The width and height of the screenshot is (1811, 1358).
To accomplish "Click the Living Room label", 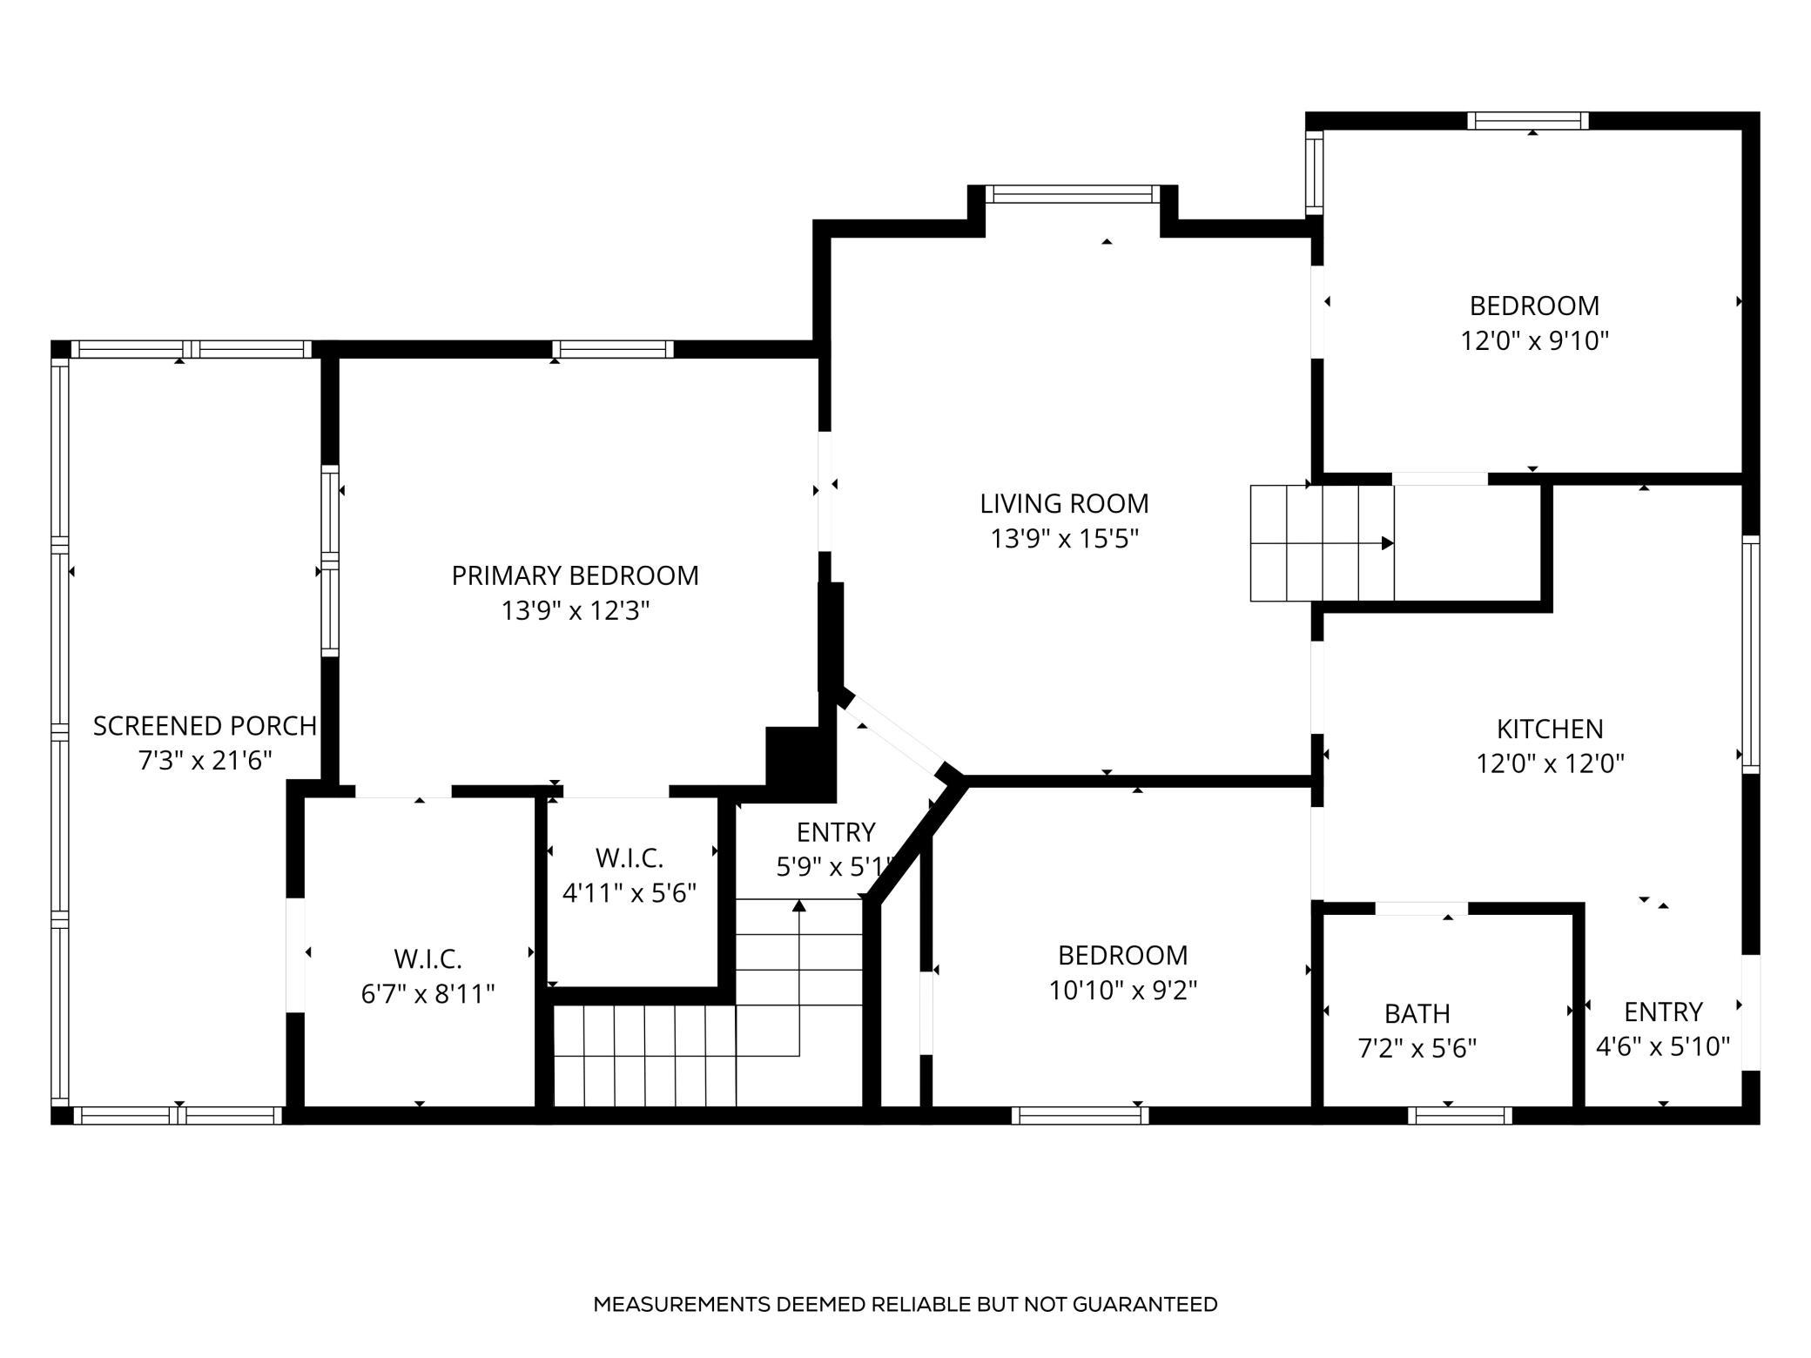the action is tap(1064, 504).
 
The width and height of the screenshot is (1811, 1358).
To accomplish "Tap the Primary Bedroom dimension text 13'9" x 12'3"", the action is tap(576, 611).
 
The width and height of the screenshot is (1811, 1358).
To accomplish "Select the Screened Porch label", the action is tap(205, 726).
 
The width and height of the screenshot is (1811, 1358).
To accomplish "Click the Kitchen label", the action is tap(1550, 729).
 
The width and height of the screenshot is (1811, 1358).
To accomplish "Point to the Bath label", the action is tap(1417, 1014).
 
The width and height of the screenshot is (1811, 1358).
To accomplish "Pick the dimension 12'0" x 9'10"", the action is tap(1534, 340).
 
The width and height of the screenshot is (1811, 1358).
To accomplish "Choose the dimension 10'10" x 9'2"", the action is tap(1123, 991).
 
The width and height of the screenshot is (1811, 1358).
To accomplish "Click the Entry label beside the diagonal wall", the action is tap(836, 833).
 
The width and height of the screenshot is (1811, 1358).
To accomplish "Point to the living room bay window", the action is tap(1073, 194).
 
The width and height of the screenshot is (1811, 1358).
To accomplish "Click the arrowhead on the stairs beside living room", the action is tap(1388, 543).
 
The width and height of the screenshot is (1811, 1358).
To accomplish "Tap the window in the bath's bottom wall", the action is tap(1459, 1115).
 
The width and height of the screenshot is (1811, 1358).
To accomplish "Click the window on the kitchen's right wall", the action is tap(1750, 655).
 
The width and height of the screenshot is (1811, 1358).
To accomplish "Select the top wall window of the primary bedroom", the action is tap(613, 349).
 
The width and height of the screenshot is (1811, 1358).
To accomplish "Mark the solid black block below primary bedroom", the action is tap(800, 763).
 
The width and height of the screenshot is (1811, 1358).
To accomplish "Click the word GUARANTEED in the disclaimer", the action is tap(1145, 1304).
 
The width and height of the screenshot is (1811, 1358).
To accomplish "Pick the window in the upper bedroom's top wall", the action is tap(1528, 121).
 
